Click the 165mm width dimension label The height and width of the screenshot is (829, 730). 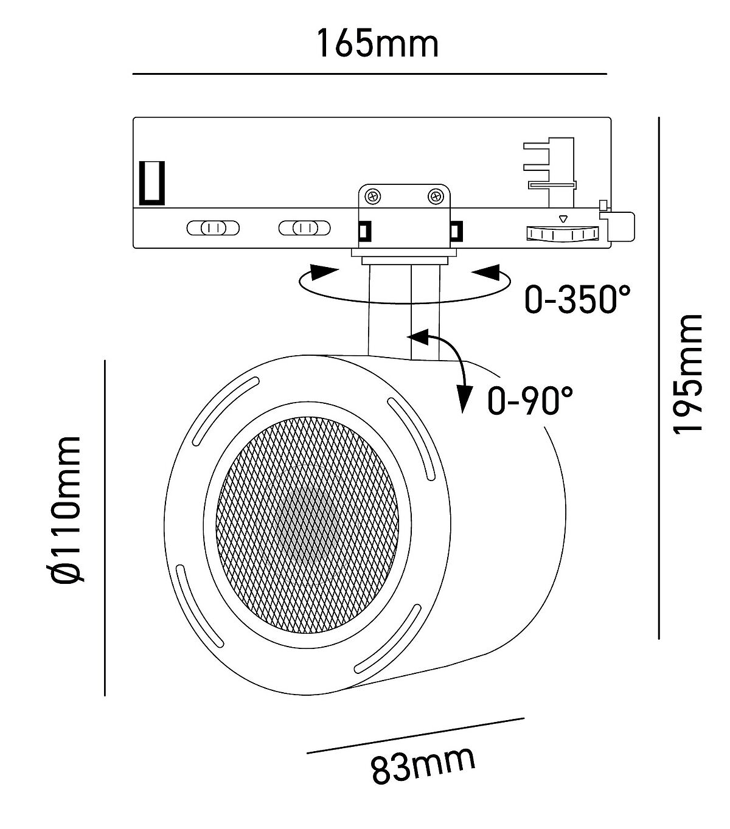click(x=377, y=43)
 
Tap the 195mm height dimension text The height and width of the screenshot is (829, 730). click(x=687, y=374)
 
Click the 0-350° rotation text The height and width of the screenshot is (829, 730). click(x=577, y=299)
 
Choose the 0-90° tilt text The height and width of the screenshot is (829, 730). click(x=530, y=401)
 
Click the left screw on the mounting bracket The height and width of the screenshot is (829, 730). click(x=372, y=197)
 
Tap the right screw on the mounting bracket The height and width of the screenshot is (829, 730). click(x=436, y=197)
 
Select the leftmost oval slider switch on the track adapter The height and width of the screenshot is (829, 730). click(x=213, y=228)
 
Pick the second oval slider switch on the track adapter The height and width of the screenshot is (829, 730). click(x=304, y=228)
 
